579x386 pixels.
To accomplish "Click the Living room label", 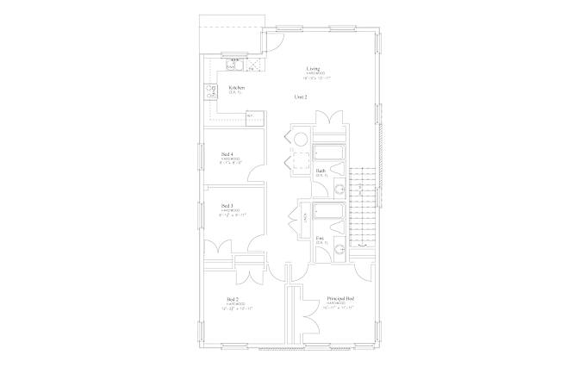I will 313,68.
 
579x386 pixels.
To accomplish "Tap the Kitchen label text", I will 236,87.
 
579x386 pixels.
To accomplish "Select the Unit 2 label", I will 301,96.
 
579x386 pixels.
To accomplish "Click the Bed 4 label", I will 227,154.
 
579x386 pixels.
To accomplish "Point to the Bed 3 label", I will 227,205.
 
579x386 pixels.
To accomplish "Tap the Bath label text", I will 321,171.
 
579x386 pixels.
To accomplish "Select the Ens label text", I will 320,238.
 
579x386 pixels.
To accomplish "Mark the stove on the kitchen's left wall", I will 209,91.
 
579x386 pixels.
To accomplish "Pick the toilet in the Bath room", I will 339,190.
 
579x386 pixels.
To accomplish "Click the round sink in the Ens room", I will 339,249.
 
